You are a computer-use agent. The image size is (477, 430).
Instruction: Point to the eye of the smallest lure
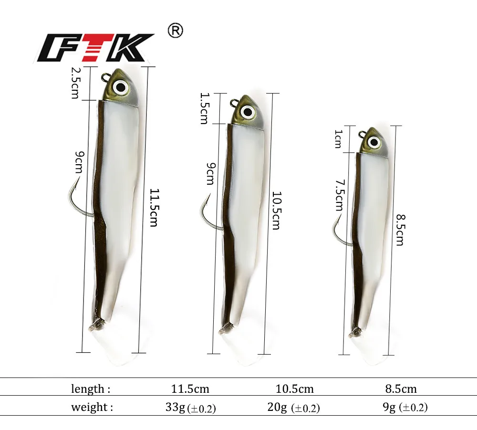[374, 142]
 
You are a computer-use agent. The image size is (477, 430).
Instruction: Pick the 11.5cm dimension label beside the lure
[154, 208]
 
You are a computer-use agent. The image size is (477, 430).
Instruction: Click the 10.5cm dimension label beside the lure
[276, 210]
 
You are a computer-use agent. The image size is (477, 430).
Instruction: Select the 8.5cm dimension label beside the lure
[400, 230]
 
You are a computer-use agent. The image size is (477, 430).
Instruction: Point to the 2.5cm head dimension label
[75, 83]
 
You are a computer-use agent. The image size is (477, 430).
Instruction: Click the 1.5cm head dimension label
[204, 109]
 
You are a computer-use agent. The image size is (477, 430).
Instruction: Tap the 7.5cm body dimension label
[339, 195]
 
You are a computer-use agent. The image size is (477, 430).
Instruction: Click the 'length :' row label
[91, 389]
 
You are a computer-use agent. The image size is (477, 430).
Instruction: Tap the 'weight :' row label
[92, 408]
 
